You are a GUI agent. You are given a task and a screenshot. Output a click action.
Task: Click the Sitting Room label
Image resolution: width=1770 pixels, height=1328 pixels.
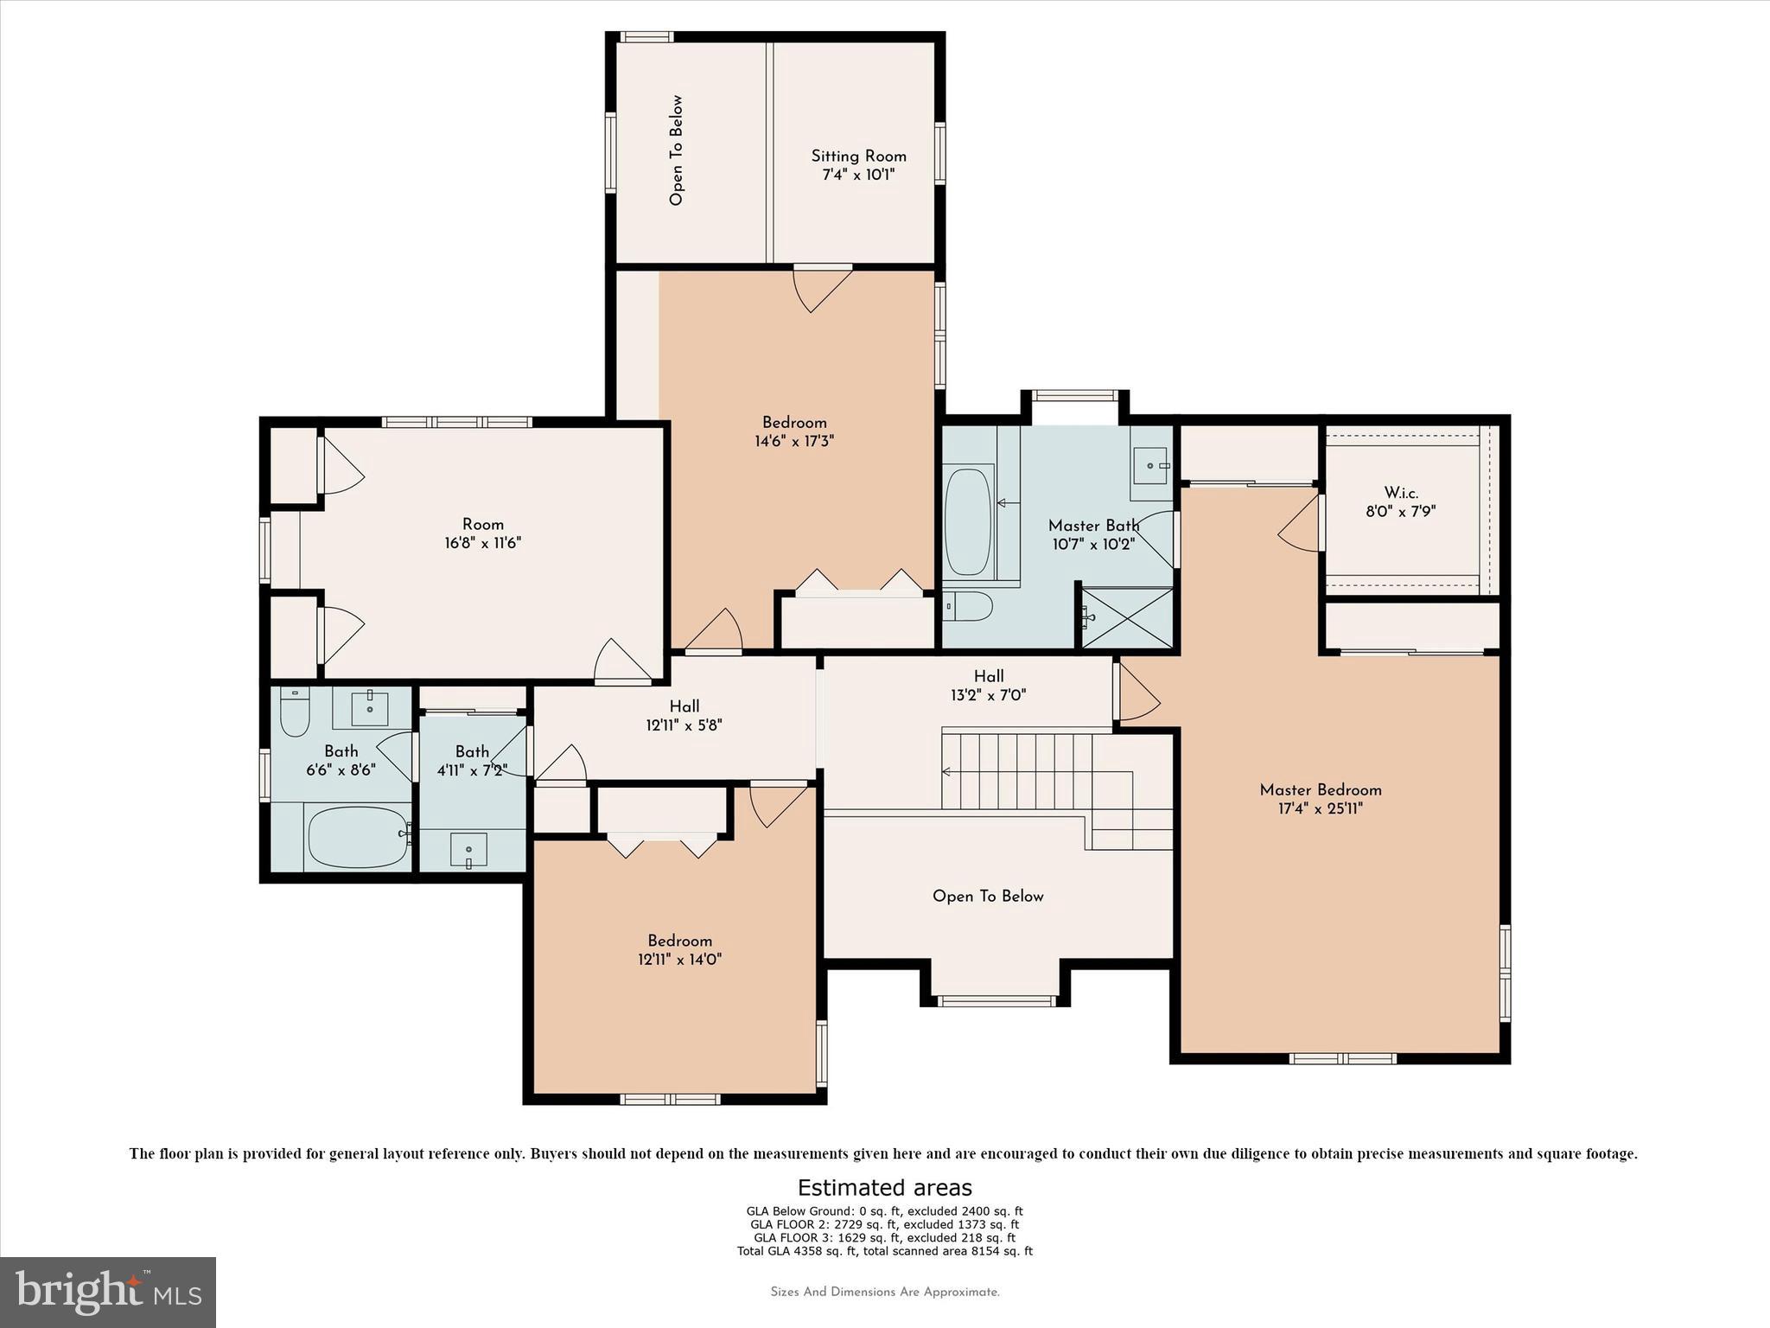click(x=858, y=156)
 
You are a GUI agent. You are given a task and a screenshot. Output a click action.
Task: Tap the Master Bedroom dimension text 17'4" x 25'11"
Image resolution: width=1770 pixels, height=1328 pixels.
click(x=1320, y=808)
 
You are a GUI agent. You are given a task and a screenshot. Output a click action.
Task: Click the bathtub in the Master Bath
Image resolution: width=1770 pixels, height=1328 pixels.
click(x=968, y=521)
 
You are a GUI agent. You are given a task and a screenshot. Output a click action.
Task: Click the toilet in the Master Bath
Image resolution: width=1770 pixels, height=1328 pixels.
click(x=968, y=607)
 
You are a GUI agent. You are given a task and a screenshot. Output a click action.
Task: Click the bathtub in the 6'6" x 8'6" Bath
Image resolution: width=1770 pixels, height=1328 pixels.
click(x=357, y=837)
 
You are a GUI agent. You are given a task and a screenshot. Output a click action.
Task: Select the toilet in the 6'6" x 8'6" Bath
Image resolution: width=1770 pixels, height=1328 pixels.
click(x=295, y=713)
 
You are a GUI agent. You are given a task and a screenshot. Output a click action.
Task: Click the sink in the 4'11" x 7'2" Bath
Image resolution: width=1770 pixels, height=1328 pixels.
click(x=468, y=850)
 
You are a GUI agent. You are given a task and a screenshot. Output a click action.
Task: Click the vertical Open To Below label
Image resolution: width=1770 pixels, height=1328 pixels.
click(x=676, y=150)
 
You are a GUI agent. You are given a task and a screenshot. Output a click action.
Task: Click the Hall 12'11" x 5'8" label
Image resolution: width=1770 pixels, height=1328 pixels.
click(x=684, y=716)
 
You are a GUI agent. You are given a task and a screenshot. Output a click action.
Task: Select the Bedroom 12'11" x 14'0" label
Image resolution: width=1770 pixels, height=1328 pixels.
click(x=679, y=949)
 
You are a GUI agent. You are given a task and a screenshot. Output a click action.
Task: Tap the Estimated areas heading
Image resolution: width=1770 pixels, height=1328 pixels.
click(x=884, y=1188)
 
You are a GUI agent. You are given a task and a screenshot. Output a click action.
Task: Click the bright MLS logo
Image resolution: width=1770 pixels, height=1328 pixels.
click(x=108, y=1292)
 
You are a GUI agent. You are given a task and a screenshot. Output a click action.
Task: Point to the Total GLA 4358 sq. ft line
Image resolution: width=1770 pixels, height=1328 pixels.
click(x=884, y=1250)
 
